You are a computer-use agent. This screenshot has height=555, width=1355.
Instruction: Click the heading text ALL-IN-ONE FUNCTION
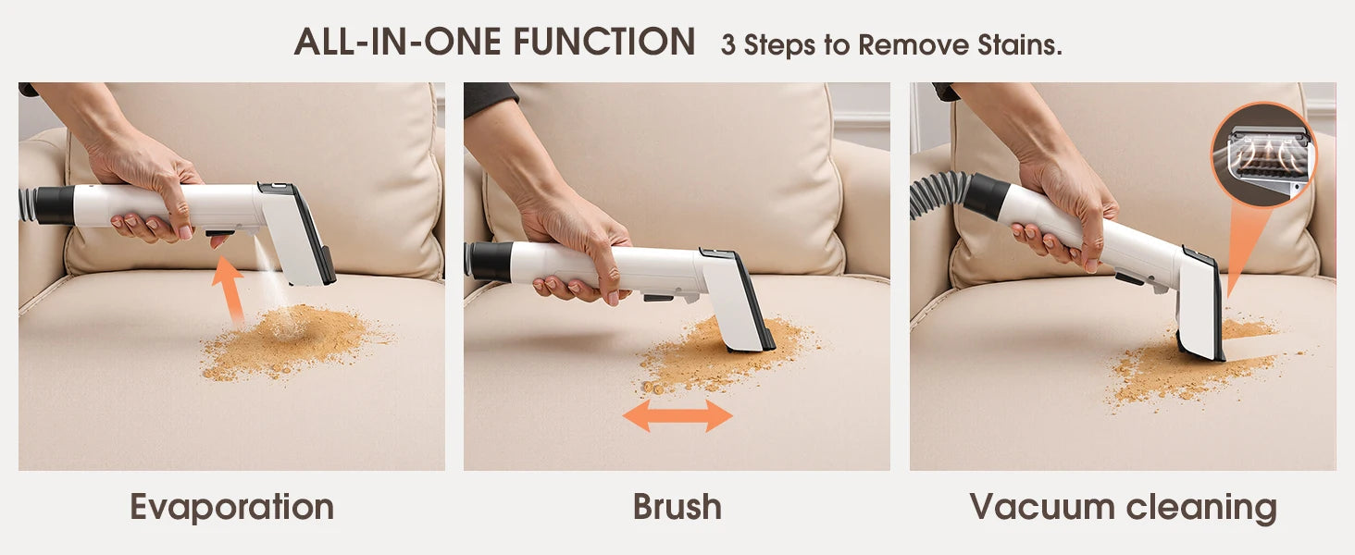[494, 43]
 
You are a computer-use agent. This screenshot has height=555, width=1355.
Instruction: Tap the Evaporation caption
[231, 507]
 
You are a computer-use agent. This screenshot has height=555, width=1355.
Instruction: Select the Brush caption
[677, 507]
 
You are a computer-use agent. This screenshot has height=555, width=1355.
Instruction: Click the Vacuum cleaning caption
[1123, 507]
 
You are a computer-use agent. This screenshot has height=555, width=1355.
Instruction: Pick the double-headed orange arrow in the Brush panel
[677, 416]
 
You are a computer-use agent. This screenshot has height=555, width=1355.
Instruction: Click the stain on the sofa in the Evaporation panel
[287, 342]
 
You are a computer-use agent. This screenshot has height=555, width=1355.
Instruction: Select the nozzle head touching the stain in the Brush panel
[740, 305]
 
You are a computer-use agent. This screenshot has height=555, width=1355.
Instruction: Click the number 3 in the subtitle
[728, 45]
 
